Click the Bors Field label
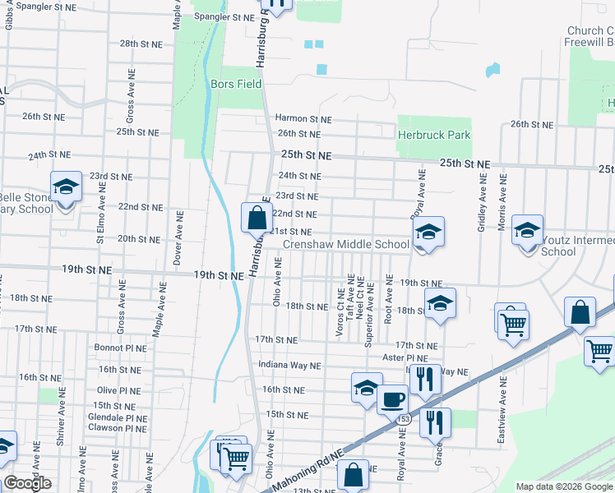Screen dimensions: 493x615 pyautogui.click(x=235, y=84)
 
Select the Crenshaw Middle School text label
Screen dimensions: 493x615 pyautogui.click(x=345, y=244)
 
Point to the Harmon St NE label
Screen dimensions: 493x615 pyautogui.click(x=303, y=119)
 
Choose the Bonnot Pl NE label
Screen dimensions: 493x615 pyautogui.click(x=120, y=348)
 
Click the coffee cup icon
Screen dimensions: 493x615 pyautogui.click(x=392, y=400)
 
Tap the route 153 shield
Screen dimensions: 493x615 pyautogui.click(x=403, y=420)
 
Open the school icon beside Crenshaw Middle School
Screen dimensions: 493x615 pyautogui.click(x=428, y=233)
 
